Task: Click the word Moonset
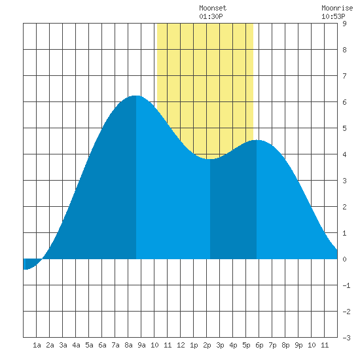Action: tap(213, 9)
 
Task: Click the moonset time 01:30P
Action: tap(211, 16)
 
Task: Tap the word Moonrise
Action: tap(337, 9)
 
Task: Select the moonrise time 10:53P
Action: tap(333, 16)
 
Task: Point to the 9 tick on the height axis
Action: tap(344, 24)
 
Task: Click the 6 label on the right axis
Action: tap(344, 102)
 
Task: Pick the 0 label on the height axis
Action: tap(344, 259)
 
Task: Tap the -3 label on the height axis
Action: tap(346, 338)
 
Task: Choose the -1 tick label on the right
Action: tap(346, 285)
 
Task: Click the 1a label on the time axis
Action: tap(37, 345)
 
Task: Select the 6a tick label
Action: tap(102, 345)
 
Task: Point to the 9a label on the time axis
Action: tap(141, 345)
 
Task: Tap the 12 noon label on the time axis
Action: tap(181, 345)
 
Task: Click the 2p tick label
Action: tap(207, 345)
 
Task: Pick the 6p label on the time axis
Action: tap(259, 345)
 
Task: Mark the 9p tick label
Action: tap(298, 345)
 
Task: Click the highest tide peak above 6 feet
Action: tap(136, 96)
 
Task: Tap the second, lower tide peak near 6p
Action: tap(257, 140)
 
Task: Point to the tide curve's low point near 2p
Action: tap(210, 158)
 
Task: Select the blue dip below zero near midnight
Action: tap(31, 264)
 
